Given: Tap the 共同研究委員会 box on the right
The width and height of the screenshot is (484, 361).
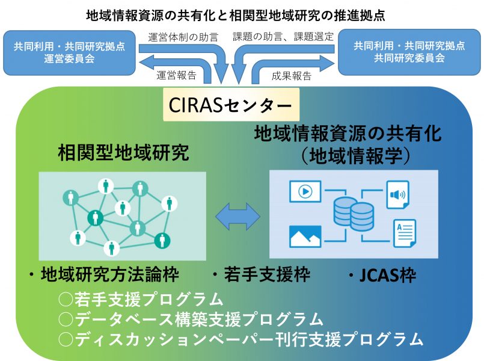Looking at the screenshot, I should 409,52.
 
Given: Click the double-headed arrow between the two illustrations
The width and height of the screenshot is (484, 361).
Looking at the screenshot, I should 237,215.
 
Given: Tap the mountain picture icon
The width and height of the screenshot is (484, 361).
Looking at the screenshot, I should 305,236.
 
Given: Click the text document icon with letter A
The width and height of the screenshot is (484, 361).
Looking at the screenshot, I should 404,233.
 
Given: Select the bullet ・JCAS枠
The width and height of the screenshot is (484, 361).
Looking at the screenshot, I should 382,276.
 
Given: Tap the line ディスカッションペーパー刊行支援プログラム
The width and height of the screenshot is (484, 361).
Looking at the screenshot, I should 240,339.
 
